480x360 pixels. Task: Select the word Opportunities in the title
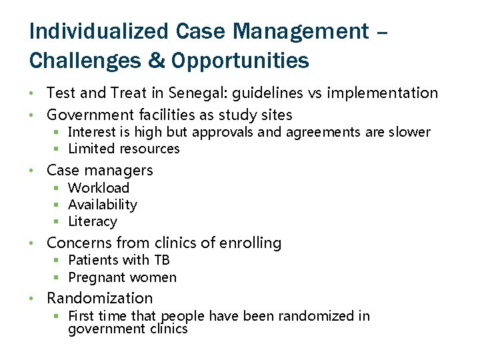(x=240, y=61)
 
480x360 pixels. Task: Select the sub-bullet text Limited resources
(x=124, y=149)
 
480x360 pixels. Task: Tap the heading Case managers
(x=100, y=171)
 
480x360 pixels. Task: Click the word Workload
(x=99, y=188)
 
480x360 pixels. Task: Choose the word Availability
(x=103, y=205)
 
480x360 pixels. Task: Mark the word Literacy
(x=93, y=221)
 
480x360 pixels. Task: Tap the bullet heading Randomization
(x=100, y=298)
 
